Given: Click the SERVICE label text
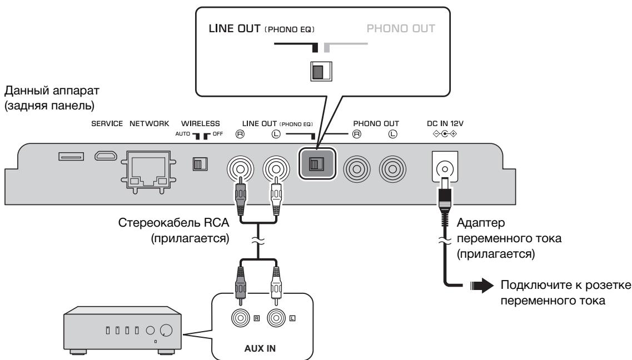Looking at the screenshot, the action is (x=107, y=124).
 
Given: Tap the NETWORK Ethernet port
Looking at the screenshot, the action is (x=148, y=172).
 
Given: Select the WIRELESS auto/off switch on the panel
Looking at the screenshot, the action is (x=200, y=164).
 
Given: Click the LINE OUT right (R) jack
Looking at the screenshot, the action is (x=240, y=168).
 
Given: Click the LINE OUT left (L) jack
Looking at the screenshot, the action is (x=276, y=168).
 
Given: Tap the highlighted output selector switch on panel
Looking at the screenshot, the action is (x=317, y=163).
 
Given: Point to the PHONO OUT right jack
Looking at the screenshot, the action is (x=357, y=169).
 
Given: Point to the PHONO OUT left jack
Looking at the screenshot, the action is (x=392, y=169).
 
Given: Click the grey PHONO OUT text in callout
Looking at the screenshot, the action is (x=401, y=28).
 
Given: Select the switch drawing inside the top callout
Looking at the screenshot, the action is (x=321, y=71).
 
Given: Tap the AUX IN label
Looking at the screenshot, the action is (x=260, y=348).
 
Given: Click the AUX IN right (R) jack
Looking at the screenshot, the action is (x=241, y=318).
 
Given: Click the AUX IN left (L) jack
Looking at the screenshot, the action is (x=276, y=318).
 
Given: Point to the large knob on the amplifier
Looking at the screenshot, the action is (x=166, y=331).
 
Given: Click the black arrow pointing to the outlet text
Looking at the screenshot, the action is (x=482, y=286).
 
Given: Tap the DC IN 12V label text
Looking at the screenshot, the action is (x=445, y=124).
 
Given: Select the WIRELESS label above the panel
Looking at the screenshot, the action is (x=200, y=124).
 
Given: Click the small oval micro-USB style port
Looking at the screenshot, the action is (x=106, y=156).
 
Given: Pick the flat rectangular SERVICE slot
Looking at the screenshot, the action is (x=71, y=156).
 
